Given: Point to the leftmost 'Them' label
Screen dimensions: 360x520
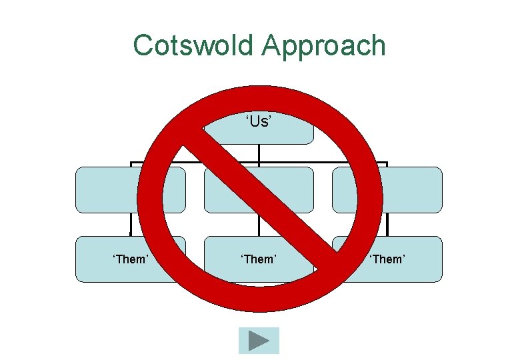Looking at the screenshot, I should (130, 259).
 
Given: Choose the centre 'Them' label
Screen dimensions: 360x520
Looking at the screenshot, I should (258, 259).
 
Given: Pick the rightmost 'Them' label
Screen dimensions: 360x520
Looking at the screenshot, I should (387, 259).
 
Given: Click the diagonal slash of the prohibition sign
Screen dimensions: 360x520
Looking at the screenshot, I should (264, 199).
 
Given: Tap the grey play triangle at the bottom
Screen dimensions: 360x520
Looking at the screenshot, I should (259, 341).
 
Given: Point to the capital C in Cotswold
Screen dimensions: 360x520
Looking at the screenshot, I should (143, 45).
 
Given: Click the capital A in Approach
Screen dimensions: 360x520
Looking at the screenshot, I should (271, 45).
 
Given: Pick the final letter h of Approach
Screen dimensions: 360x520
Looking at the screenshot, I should (378, 45).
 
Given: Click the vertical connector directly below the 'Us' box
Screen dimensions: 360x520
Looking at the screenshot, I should (259, 153).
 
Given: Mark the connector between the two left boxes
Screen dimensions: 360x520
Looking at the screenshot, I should (131, 225).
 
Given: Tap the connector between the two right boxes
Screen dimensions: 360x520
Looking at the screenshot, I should (387, 225).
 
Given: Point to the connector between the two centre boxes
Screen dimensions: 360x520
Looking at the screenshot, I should (259, 225).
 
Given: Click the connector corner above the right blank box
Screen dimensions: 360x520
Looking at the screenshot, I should (387, 162).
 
